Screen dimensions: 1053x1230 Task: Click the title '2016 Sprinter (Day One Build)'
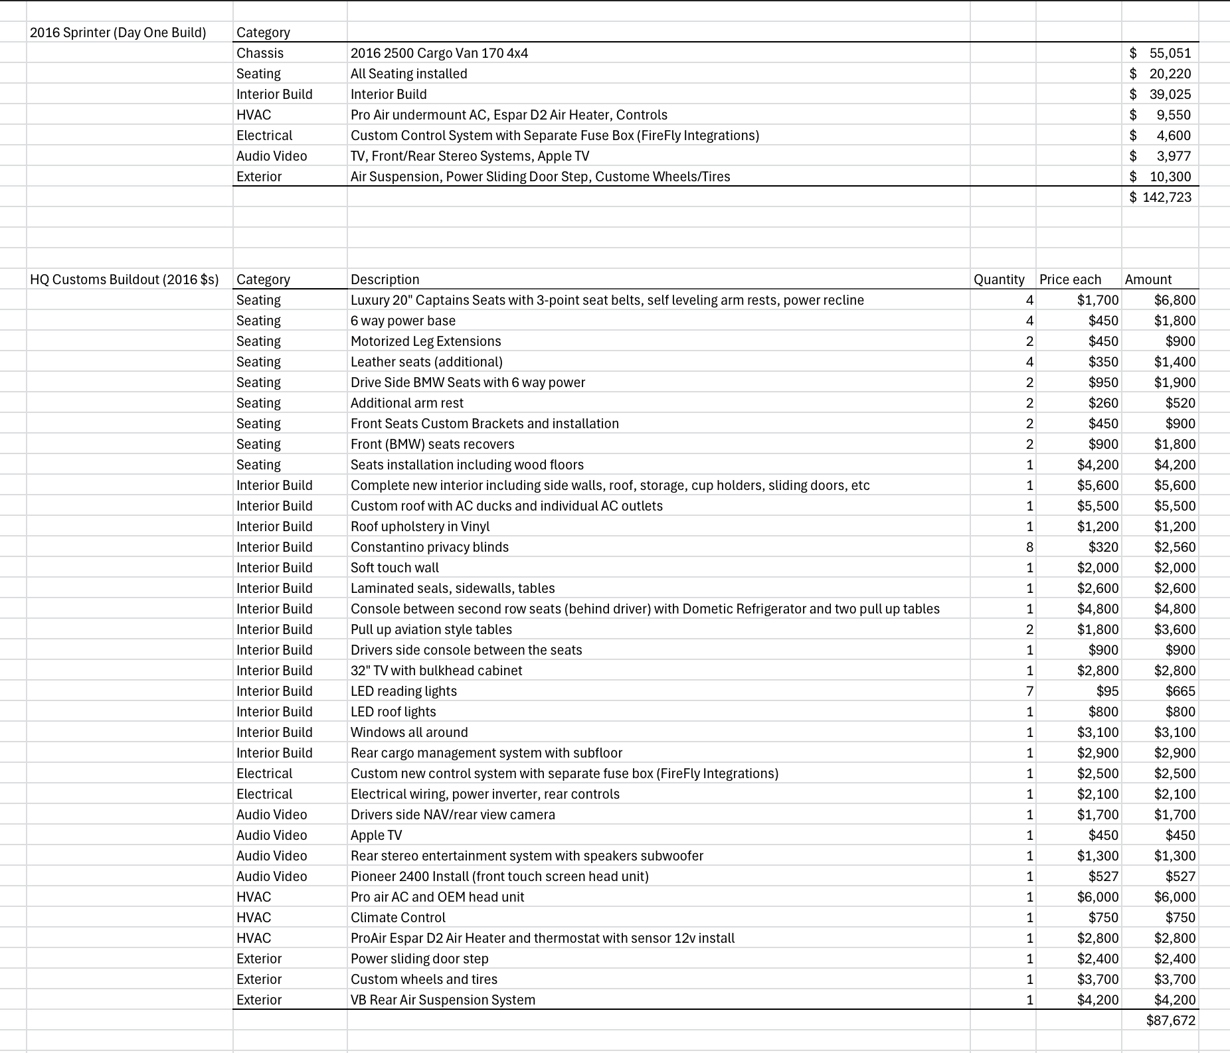pos(118,33)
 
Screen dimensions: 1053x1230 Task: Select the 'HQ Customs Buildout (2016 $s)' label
pos(124,280)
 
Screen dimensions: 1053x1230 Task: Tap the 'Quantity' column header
pos(998,280)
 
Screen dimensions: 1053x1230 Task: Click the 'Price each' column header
pos(1070,280)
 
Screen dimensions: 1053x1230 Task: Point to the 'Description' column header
pos(385,280)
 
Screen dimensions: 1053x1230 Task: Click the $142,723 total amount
pos(1160,197)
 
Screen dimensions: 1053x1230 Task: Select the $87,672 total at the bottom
pos(1170,1020)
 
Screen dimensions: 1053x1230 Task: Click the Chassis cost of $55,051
pos(1160,53)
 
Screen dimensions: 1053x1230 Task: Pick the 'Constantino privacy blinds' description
pos(429,547)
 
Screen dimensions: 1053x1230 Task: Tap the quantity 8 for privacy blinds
pos(1029,547)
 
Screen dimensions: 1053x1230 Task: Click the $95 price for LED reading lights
pos(1107,691)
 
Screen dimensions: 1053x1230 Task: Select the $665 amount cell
pos(1180,691)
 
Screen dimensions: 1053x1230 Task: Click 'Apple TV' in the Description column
pos(376,835)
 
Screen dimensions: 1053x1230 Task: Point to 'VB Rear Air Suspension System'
pos(442,1000)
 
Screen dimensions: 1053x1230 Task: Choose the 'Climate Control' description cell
pos(398,918)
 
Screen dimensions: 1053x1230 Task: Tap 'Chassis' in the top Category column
pos(260,53)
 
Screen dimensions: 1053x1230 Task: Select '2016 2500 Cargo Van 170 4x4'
pos(439,53)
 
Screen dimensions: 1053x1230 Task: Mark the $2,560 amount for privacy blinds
pos(1174,547)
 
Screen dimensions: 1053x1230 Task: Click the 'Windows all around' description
pos(409,732)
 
